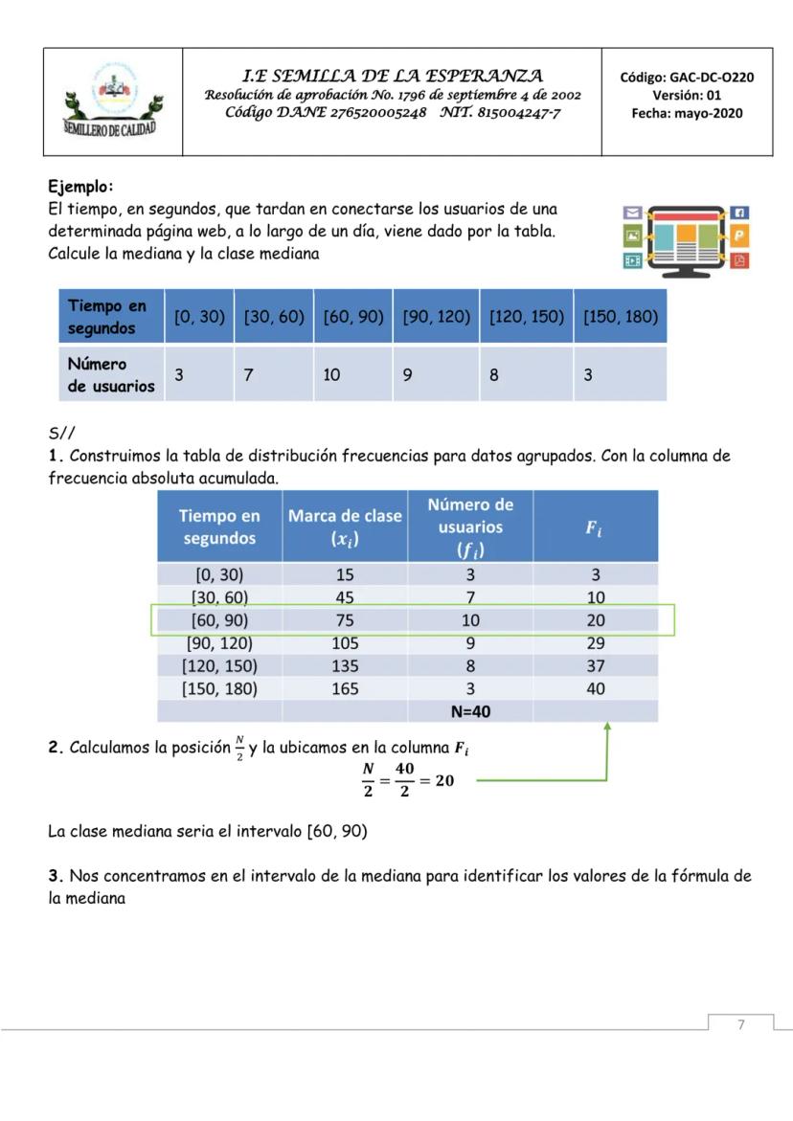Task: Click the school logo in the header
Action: click(x=112, y=101)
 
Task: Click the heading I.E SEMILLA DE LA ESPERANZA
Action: click(x=393, y=76)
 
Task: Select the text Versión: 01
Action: click(x=687, y=95)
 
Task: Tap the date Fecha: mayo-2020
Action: click(x=687, y=113)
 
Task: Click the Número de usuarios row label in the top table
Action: click(x=110, y=375)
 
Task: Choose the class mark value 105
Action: click(x=345, y=642)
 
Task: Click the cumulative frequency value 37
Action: click(x=596, y=665)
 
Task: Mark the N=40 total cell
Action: click(x=469, y=711)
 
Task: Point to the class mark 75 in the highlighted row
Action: click(x=345, y=620)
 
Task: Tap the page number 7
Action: click(x=740, y=1025)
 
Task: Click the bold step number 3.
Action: click(x=55, y=876)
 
